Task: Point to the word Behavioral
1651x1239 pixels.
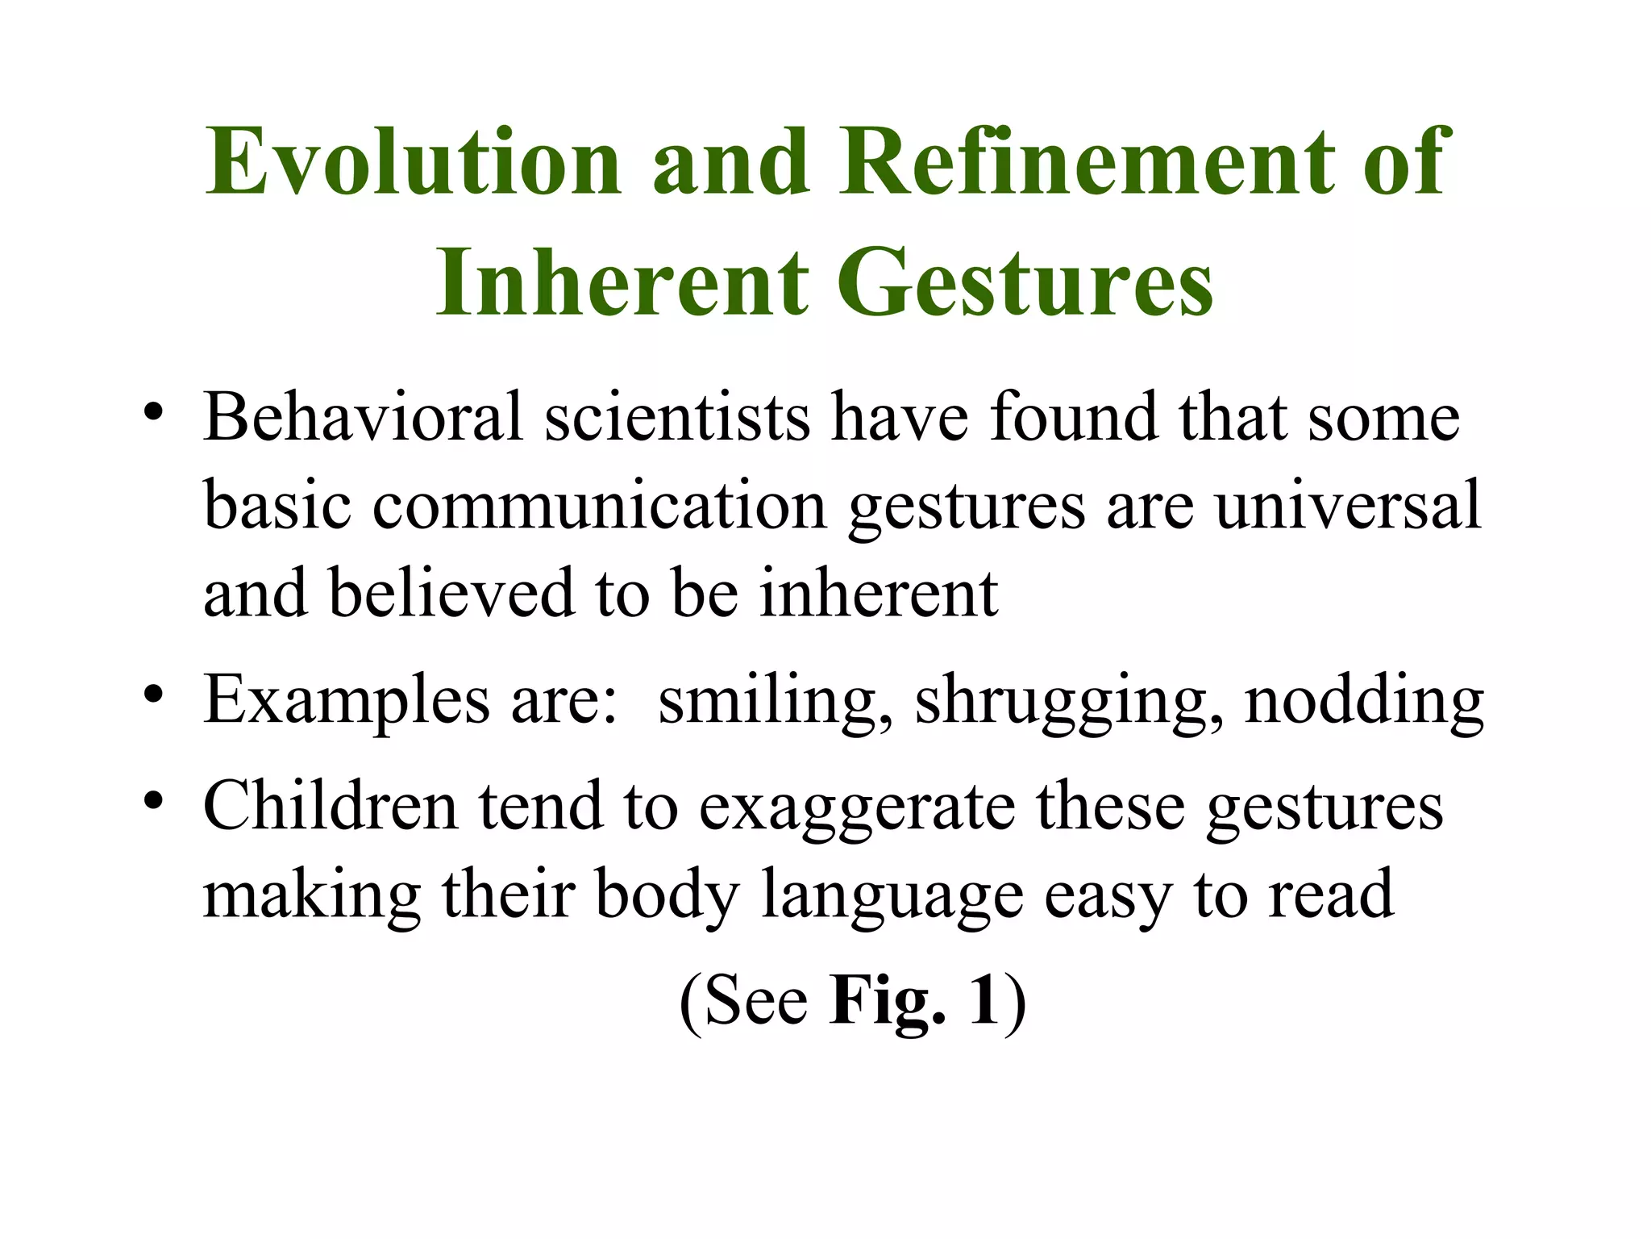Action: pos(364,417)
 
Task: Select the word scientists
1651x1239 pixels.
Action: pos(678,417)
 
